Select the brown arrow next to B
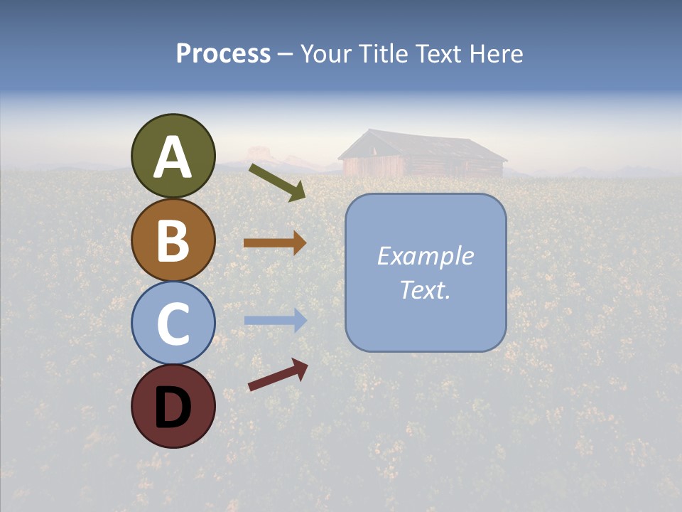tap(275, 243)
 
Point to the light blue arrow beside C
tap(275, 320)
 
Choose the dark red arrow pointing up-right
tap(278, 375)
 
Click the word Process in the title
tap(223, 54)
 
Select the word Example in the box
tap(425, 256)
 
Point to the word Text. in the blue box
tap(425, 289)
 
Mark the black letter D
tap(173, 407)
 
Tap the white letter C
tap(173, 324)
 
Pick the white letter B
tap(173, 240)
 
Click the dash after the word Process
tap(286, 55)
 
